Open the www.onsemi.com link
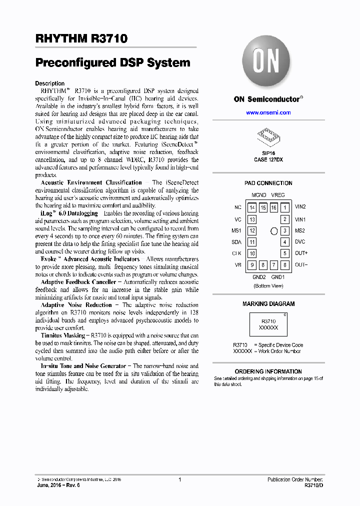[x=268, y=112]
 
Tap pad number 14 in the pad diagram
[x=252, y=207]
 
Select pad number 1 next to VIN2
[x=284, y=207]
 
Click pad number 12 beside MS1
[x=252, y=230]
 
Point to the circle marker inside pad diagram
[x=273, y=231]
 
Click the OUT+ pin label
[x=301, y=253]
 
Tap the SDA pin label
[x=236, y=242]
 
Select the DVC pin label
[x=300, y=242]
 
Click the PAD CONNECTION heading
[x=268, y=183]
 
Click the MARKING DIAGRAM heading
[x=268, y=303]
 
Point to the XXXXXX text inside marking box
[x=269, y=327]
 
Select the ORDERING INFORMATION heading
[x=268, y=371]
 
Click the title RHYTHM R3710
[x=81, y=38]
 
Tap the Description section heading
[x=49, y=83]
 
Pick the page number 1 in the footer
[x=179, y=479]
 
